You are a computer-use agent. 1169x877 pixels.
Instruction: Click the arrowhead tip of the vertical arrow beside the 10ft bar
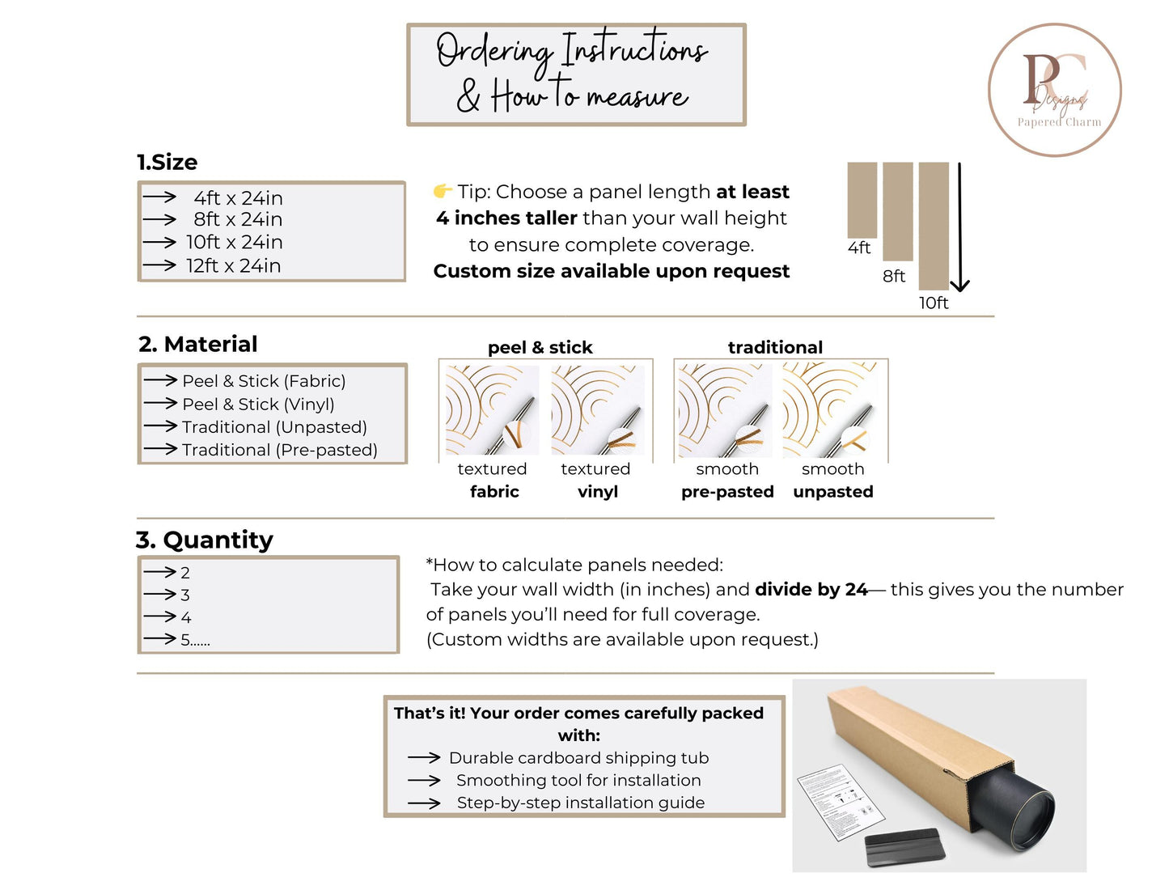pyautogui.click(x=959, y=290)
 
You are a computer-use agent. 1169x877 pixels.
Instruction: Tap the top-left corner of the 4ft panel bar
pyautogui.click(x=848, y=163)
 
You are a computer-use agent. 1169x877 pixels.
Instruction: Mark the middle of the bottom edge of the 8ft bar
pyautogui.click(x=898, y=261)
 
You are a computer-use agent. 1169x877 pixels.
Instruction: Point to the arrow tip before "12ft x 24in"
pyautogui.click(x=176, y=265)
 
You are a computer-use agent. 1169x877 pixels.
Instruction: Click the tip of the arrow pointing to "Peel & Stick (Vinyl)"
pyautogui.click(x=176, y=403)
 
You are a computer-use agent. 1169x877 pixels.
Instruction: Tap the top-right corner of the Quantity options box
pyautogui.click(x=399, y=557)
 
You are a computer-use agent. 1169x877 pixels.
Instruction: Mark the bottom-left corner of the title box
pyautogui.click(x=408, y=125)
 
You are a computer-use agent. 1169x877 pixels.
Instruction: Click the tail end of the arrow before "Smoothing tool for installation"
pyautogui.click(x=409, y=781)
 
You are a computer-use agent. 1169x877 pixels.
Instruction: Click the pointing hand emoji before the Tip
pyautogui.click(x=442, y=191)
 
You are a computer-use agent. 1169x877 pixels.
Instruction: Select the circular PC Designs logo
pyautogui.click(x=1054, y=90)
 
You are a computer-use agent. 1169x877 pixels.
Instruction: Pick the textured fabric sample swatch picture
pyautogui.click(x=492, y=410)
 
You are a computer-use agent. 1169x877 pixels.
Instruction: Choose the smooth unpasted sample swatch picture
pyautogui.click(x=830, y=410)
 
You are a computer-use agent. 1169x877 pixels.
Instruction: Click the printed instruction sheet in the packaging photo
pyautogui.click(x=841, y=802)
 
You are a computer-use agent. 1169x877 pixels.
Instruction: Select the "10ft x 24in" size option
pyautogui.click(x=235, y=242)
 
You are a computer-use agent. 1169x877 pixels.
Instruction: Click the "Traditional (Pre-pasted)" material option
pyautogui.click(x=280, y=450)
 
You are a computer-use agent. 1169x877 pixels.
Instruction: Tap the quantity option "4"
pyautogui.click(x=186, y=617)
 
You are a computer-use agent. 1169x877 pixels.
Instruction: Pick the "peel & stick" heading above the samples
pyautogui.click(x=540, y=347)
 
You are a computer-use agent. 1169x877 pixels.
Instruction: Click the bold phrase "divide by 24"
pyautogui.click(x=811, y=590)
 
